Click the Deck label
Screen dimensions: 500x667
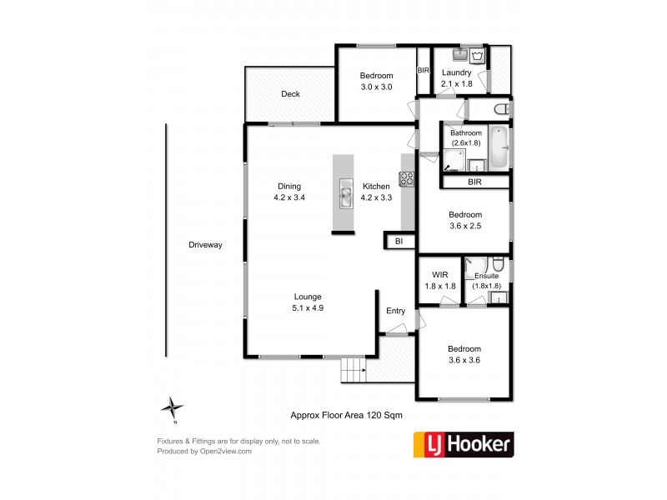pos(290,94)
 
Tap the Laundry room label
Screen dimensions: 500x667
pos(456,72)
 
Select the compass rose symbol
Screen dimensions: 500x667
pos(173,407)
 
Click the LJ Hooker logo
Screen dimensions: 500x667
pos(464,444)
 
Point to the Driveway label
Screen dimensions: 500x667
pos(205,244)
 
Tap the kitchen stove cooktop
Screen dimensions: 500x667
pos(407,178)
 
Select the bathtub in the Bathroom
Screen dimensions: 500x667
pos(499,147)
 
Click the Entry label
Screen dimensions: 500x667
pos(395,311)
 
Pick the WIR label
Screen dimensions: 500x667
pos(439,275)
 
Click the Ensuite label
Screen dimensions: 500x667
pos(486,275)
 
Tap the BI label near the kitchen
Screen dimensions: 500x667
pos(399,242)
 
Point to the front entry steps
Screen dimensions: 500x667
pos(354,369)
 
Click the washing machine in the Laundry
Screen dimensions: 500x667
pos(478,57)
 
